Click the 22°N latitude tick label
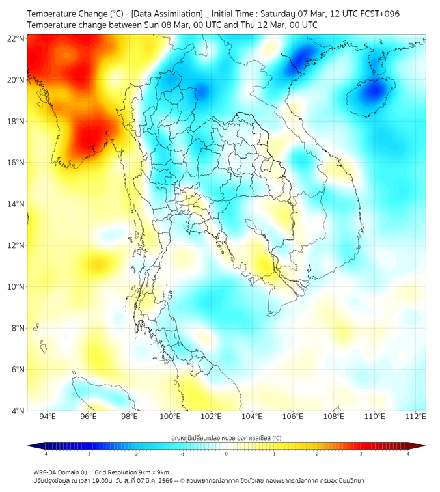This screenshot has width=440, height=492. [16, 38]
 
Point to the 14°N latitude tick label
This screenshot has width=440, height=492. [16, 204]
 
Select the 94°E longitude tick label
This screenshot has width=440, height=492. [48, 417]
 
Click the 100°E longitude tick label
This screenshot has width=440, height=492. [171, 417]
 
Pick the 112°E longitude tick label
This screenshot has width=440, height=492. [416, 417]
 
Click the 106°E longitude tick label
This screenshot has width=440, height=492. [293, 417]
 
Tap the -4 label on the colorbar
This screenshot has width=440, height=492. [45, 454]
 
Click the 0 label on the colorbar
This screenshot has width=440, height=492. [227, 454]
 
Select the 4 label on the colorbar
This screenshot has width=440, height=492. [407, 454]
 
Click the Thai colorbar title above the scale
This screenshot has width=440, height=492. [226, 437]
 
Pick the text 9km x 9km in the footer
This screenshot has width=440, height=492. [153, 472]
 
